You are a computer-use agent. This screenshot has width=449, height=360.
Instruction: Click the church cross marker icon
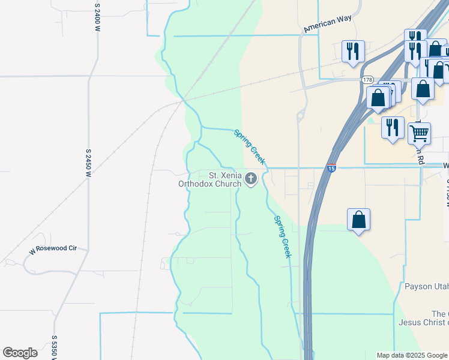pyautogui.click(x=251, y=179)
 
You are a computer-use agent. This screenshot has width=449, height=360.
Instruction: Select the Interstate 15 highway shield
pyautogui.click(x=332, y=169)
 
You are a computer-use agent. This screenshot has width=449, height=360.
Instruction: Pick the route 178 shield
pyautogui.click(x=367, y=80)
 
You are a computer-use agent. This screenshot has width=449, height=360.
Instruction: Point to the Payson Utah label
pyautogui.click(x=426, y=286)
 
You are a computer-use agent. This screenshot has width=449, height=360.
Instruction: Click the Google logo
pyautogui.click(x=20, y=353)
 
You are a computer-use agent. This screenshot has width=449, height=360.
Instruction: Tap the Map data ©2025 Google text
pyautogui.click(x=412, y=355)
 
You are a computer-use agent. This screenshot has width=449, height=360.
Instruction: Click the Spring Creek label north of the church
pyautogui.click(x=249, y=147)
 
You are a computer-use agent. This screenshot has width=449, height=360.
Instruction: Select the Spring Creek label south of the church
pyautogui.click(x=283, y=237)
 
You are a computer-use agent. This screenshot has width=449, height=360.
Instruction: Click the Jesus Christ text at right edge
pyautogui.click(x=424, y=323)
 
